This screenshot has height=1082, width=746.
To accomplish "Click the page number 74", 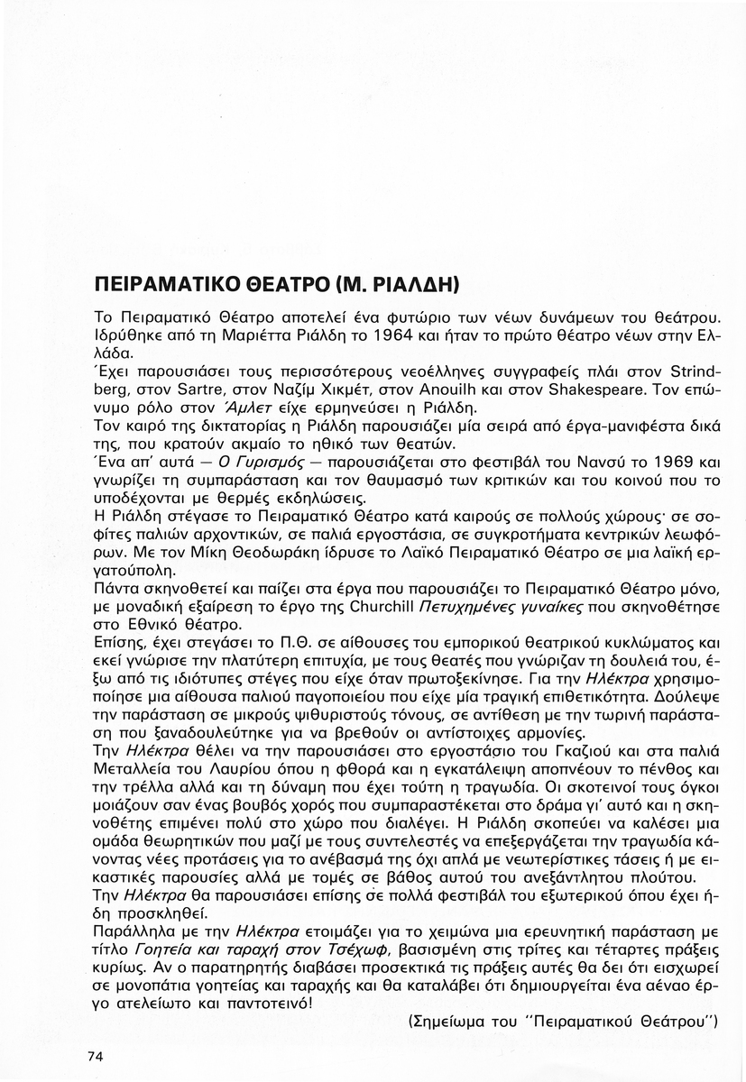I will [x=96, y=1056].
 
